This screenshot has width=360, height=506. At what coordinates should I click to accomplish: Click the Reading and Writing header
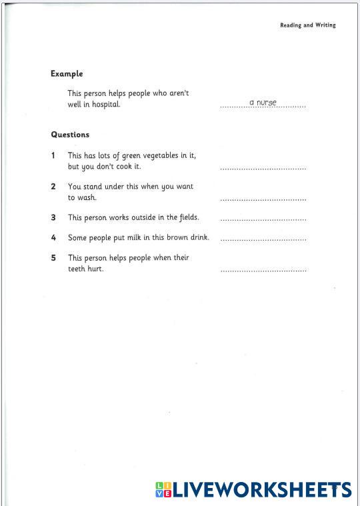coord(307,25)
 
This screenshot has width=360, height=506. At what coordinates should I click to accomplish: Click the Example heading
coord(67,74)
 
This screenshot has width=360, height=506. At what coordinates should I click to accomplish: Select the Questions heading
coord(70,135)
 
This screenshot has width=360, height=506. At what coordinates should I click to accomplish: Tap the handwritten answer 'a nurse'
coord(263,103)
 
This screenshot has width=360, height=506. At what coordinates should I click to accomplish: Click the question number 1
coord(53,155)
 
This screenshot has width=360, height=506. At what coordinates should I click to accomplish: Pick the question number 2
coord(53,187)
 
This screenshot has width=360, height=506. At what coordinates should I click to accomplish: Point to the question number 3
coord(53,217)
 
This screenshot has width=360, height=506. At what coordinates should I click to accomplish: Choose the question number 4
coord(53,237)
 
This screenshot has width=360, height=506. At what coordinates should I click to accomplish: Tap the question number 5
coord(53,257)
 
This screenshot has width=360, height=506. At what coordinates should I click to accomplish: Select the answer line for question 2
coord(263,199)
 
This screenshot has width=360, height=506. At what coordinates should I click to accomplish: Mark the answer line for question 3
coord(263,219)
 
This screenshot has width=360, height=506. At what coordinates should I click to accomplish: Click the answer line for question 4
coord(263,239)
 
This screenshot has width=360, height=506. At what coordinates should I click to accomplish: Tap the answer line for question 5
coord(263,270)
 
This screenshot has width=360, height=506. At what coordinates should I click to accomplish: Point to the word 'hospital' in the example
coord(105,105)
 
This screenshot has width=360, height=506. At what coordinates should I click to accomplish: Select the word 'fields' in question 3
coord(187,217)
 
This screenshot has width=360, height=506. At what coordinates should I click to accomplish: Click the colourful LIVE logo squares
coord(164,490)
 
